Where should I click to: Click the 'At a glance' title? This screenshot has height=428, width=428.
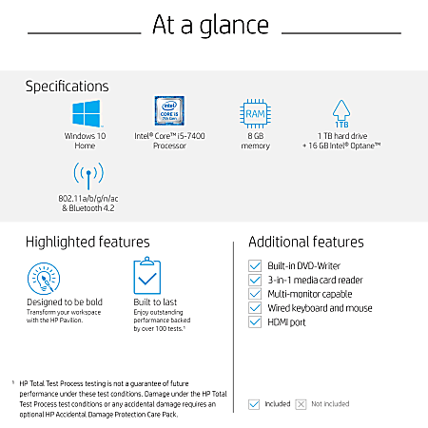tap(214, 25)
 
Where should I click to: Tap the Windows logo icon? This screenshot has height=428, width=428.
tap(87, 114)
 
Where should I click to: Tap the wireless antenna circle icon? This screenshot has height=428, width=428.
tap(87, 176)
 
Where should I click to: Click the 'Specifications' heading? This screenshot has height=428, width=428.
tap(67, 87)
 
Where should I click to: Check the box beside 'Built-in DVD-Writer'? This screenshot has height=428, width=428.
tap(254, 265)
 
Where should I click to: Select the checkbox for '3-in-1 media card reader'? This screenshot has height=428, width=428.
tap(254, 280)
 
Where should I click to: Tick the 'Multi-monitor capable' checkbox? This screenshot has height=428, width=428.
tap(254, 294)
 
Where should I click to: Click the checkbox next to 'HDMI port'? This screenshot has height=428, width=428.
tap(254, 322)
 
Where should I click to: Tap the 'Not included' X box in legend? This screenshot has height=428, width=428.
tap(301, 404)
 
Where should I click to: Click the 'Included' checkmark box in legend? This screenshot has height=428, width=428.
tap(253, 404)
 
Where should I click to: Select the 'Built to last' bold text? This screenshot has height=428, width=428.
tap(155, 302)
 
